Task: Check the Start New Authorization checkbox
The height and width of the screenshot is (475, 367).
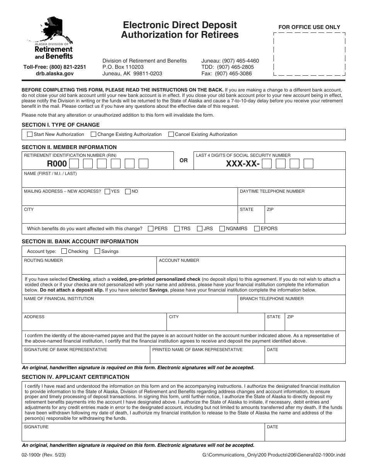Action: (30, 134)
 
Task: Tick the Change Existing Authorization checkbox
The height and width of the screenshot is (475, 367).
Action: (93, 134)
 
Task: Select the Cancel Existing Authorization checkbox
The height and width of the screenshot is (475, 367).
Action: (171, 134)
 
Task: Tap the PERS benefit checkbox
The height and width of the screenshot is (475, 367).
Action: (151, 229)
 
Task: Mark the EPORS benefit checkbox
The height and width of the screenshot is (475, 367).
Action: (257, 229)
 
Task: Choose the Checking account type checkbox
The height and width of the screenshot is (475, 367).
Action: (64, 251)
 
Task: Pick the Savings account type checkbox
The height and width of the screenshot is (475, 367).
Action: (97, 251)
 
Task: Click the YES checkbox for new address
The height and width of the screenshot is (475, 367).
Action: (107, 192)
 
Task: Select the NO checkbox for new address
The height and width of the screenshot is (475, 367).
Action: (128, 192)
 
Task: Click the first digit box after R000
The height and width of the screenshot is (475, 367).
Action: (75, 164)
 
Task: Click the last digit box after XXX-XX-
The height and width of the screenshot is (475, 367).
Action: (308, 164)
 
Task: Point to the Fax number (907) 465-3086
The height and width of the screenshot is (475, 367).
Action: (226, 73)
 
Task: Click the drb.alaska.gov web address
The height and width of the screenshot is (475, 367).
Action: (54, 73)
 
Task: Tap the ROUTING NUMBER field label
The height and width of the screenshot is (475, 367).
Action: (43, 261)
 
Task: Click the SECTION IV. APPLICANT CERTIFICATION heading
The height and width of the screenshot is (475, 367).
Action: (75, 377)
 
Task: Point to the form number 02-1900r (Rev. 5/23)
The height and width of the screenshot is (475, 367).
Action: (44, 455)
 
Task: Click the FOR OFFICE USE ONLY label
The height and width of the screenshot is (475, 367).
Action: (309, 27)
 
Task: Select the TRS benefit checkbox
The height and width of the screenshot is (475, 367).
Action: (177, 229)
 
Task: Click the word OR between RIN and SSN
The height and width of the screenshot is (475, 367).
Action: (183, 160)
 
